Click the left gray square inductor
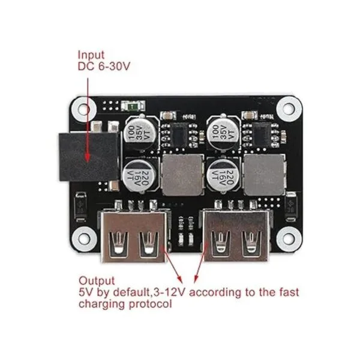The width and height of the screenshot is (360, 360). click(182, 173)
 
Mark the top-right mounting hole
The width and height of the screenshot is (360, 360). click(289, 109)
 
